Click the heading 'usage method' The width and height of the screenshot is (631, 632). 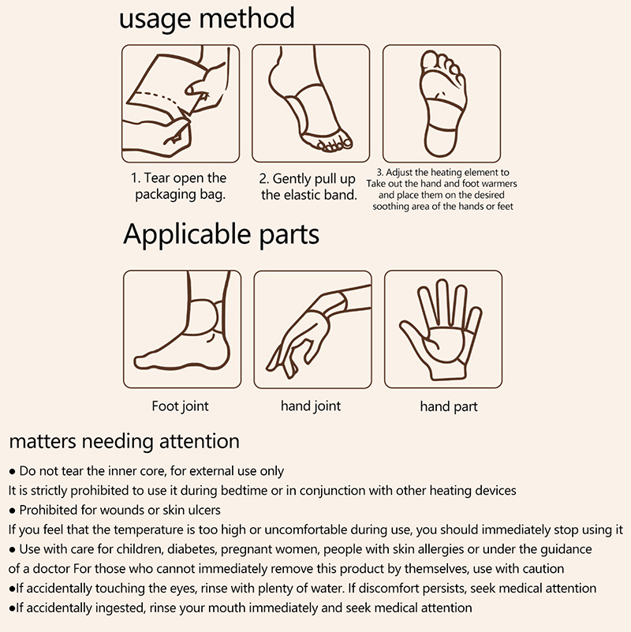207,18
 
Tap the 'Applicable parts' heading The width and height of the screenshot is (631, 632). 221,234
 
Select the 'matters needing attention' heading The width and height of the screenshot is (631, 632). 124,441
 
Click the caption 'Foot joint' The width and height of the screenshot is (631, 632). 180,406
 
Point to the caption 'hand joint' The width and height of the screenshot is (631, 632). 311,406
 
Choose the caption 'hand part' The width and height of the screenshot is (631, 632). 449,406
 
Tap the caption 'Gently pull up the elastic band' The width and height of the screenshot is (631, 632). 308,187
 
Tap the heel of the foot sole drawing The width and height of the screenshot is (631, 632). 441,140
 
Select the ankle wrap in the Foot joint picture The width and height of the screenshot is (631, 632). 203,317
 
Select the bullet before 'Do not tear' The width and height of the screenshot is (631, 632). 12,472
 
